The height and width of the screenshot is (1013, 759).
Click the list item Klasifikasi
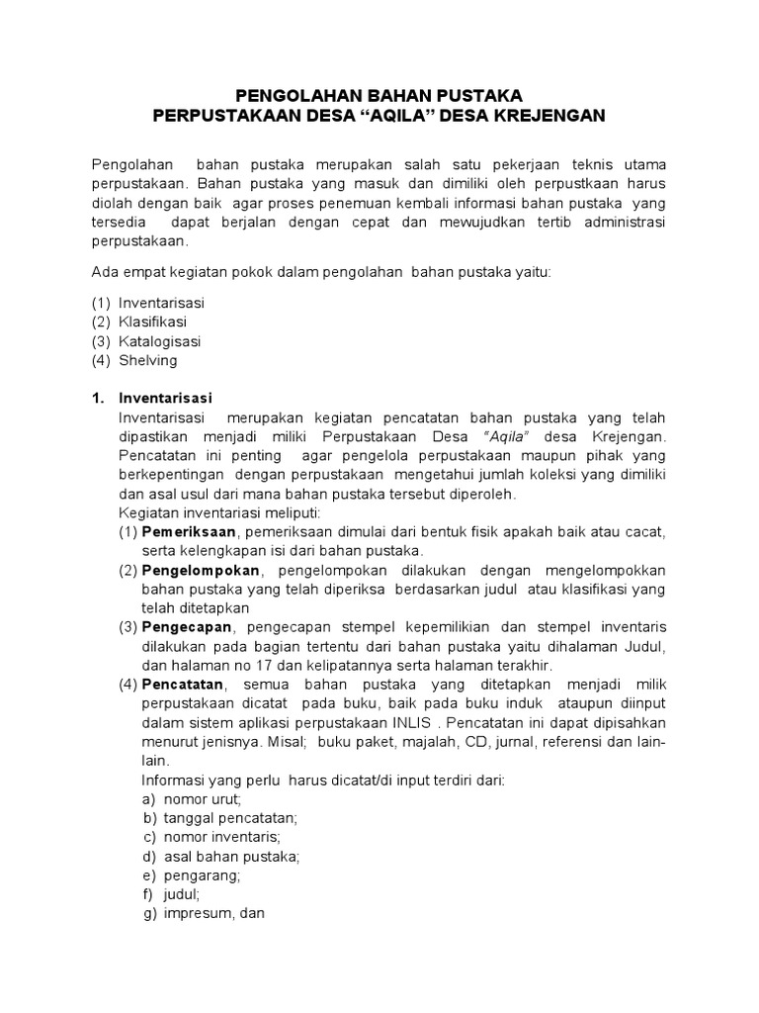click(x=153, y=322)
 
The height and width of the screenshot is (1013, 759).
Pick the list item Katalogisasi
click(x=160, y=341)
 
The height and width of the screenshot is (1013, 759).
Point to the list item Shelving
click(x=148, y=360)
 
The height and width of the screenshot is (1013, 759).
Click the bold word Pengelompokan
click(x=201, y=571)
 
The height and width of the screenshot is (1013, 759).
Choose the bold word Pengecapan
click(x=187, y=627)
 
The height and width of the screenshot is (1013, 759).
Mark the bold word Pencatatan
click(x=184, y=686)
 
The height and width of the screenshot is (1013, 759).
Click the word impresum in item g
click(x=198, y=914)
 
